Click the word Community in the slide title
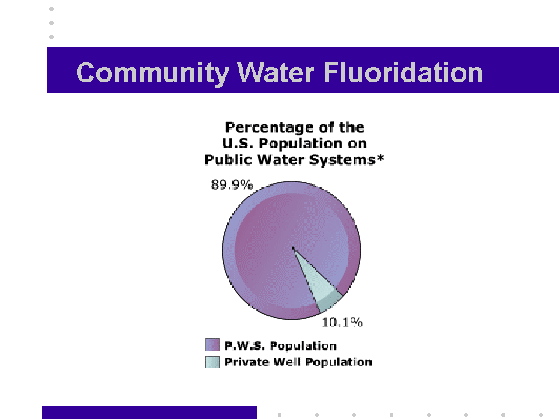point(152,73)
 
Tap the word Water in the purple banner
point(276,73)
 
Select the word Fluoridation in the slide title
point(404,73)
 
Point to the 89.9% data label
point(232,185)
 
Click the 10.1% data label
point(342,323)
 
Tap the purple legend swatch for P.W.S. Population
point(212,345)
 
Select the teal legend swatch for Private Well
point(212,362)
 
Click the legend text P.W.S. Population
point(281,346)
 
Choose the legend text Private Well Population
point(299,362)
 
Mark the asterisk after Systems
point(380,157)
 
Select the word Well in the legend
point(288,362)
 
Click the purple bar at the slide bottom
point(149,412)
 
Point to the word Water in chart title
point(281,159)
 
